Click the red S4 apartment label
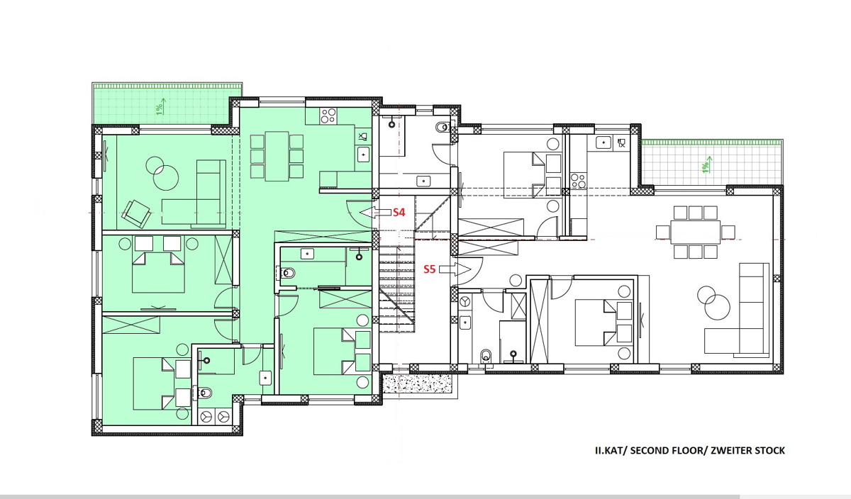[x=399, y=212]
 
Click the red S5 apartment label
[x=430, y=269]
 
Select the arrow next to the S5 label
[x=455, y=269]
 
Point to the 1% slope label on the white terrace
[x=706, y=165]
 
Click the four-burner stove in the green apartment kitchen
[x=328, y=116]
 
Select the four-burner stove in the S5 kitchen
[x=578, y=181]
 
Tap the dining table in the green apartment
[x=277, y=156]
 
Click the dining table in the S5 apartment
[x=695, y=232]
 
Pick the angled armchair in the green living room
[x=135, y=214]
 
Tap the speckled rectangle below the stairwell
[x=418, y=383]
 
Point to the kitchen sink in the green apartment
[x=364, y=155]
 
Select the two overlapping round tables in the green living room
[x=162, y=174]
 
